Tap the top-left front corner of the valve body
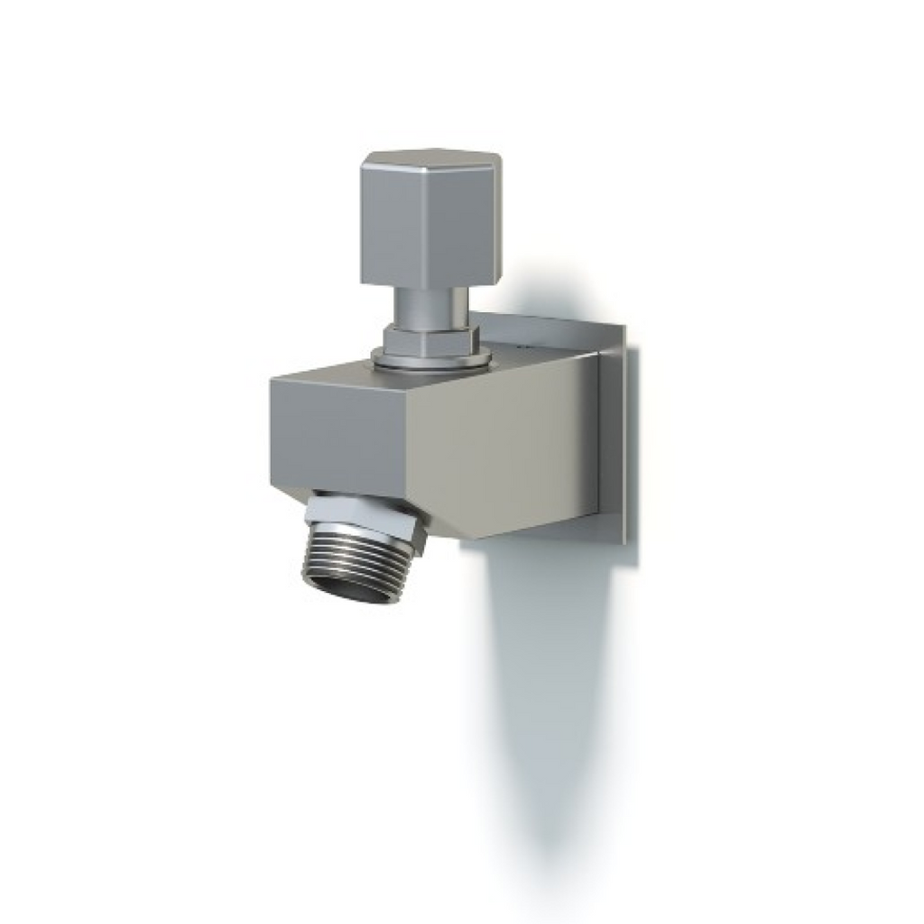(271, 381)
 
